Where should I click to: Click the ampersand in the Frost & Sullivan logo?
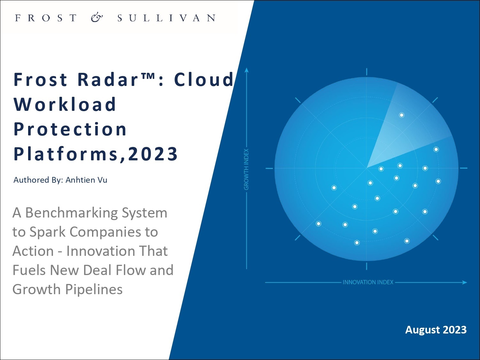coord(97,18)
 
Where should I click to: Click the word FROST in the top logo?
coord(46,18)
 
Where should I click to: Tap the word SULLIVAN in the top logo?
coord(166,18)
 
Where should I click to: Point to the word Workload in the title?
coord(65,104)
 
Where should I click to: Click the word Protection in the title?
coord(70,129)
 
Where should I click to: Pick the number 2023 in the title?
coord(153,154)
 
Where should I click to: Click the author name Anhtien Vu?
coord(86,180)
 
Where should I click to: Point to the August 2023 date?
coord(436,330)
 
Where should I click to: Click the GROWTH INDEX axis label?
coord(246,169)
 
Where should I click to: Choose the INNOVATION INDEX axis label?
coord(368,282)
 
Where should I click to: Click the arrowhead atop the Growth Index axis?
coord(246,70)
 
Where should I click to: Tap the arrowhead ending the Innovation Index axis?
coord(464,282)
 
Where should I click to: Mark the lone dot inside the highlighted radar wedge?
coord(402,115)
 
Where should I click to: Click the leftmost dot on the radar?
coord(319,224)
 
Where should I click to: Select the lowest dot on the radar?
coord(357,243)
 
